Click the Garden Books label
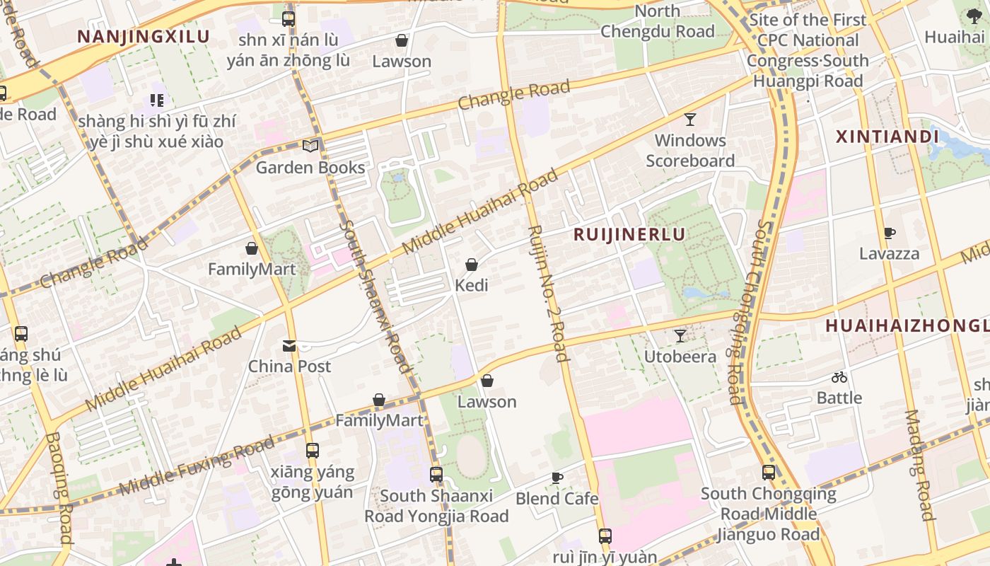coord(310,168)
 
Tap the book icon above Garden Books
coord(310,146)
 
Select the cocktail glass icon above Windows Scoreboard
coord(690,119)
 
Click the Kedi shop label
coord(472,286)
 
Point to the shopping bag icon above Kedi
coord(472,265)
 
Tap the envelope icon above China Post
coord(289,345)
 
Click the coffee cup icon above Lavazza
coord(890,233)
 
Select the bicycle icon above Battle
coord(839,377)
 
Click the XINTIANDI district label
coord(887,137)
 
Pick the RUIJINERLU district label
coord(629,235)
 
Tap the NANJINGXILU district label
coord(144,37)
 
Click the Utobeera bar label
coord(680,357)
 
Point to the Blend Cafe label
coord(557,499)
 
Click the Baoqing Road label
coord(59,488)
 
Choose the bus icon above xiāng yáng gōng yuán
coord(312,450)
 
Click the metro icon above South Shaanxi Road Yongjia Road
coord(436,474)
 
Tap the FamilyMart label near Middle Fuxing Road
coord(379,421)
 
